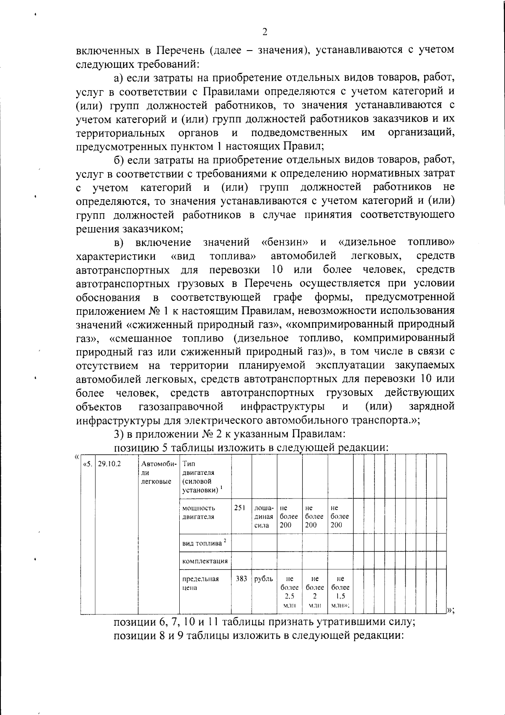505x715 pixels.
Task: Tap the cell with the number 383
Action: tap(241, 579)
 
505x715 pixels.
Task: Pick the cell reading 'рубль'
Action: tap(264, 579)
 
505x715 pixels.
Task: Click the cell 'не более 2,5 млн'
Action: tap(289, 592)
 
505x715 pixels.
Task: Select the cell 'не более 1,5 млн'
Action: tap(340, 592)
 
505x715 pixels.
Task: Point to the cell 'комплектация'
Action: tap(205, 561)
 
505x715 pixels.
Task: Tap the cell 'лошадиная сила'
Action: tap(264, 516)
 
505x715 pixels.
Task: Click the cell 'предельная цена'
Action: tap(200, 583)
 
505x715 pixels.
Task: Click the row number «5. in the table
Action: tap(88, 464)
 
